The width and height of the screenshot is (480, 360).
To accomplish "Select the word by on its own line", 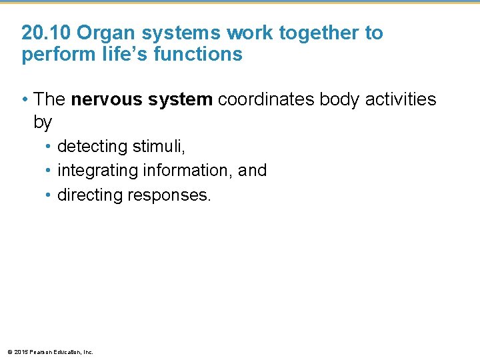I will pyautogui.click(x=42, y=123).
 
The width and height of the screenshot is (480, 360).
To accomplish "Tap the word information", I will pyautogui.click(x=183, y=171).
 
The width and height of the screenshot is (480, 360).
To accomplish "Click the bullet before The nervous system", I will pyautogui.click(x=25, y=100).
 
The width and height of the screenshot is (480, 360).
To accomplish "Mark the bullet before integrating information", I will pyautogui.click(x=49, y=171).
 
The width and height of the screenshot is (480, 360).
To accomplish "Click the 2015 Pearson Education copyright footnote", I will pyautogui.click(x=50, y=351).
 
